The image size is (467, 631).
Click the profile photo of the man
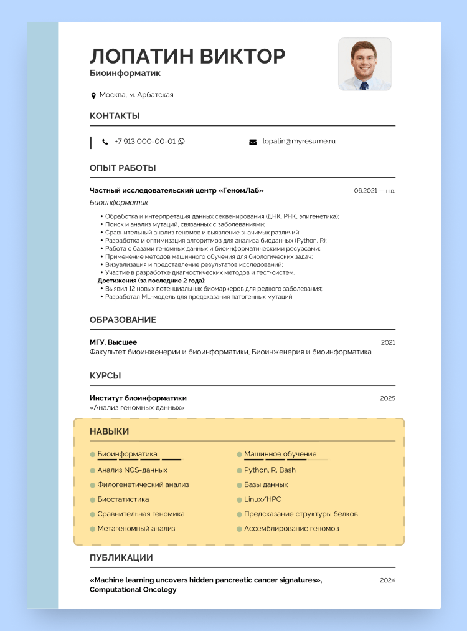[x=364, y=64]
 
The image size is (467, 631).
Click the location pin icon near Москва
[x=93, y=95]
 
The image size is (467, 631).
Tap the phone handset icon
[x=105, y=142]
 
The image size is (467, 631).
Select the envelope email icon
[x=253, y=142]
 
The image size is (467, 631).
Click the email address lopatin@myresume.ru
[x=299, y=142]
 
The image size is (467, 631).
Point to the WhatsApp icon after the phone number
[x=182, y=142]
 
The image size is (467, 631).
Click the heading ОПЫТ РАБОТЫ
[x=123, y=168]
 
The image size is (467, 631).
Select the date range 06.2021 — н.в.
[x=374, y=191]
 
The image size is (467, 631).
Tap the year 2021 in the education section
[x=388, y=342]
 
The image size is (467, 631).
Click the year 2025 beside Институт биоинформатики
[x=388, y=398]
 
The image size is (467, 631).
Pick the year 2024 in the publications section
[x=387, y=580]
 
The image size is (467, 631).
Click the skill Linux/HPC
[x=262, y=499]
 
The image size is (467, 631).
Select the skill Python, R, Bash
[x=270, y=470]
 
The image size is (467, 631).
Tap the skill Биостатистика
[x=123, y=499]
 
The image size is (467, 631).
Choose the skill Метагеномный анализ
[x=136, y=529]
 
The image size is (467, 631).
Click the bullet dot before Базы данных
[x=239, y=485]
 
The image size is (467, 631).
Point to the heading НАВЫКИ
[x=110, y=431]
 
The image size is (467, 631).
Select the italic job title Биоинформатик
[x=119, y=203]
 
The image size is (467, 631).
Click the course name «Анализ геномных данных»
[x=137, y=408]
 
